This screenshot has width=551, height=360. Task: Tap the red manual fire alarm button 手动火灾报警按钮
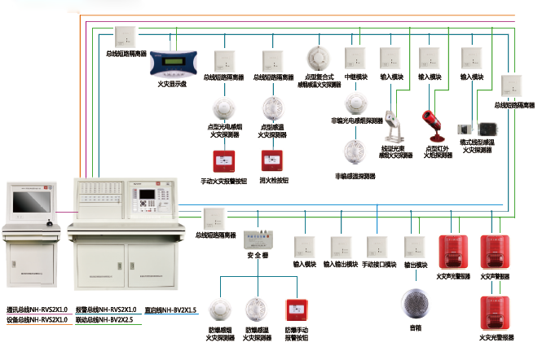pyautogui.click(x=223, y=160)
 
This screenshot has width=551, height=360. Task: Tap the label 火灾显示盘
pyautogui.click(x=172, y=83)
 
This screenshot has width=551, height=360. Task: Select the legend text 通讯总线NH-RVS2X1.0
pyautogui.click(x=37, y=310)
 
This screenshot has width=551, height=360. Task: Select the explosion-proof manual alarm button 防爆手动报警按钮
pyautogui.click(x=295, y=310)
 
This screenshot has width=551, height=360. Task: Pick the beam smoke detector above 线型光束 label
pyautogui.click(x=394, y=126)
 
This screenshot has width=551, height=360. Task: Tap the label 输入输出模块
pyautogui.click(x=341, y=265)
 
